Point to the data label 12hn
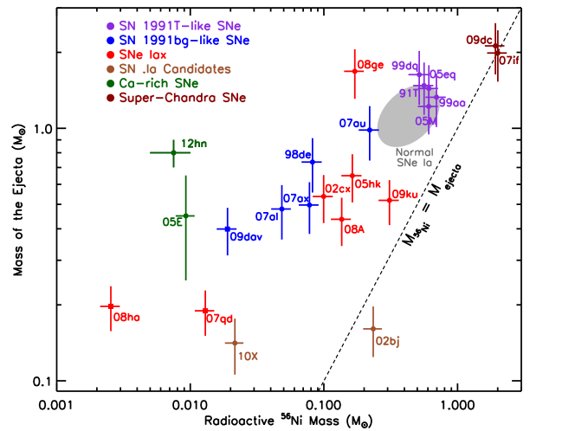(194, 144)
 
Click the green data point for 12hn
(173, 152)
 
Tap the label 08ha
(126, 318)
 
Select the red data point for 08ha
(111, 306)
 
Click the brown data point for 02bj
(372, 329)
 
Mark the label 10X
(248, 356)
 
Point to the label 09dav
(246, 237)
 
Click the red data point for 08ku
(390, 200)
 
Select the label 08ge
(371, 65)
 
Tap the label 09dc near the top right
(479, 40)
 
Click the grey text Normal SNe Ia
(414, 157)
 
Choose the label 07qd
(220, 318)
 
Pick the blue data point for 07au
(370, 130)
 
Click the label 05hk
(367, 183)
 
